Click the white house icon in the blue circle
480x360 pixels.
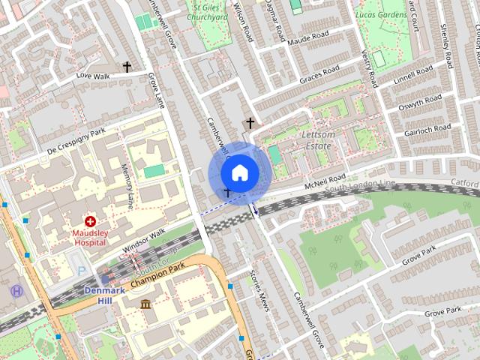(239, 172)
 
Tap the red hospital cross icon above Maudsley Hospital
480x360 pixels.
(90, 221)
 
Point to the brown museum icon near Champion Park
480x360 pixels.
(145, 304)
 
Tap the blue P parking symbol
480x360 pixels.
(81, 271)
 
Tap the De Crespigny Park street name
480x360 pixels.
(76, 142)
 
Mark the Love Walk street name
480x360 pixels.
(92, 76)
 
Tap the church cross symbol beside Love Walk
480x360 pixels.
(127, 67)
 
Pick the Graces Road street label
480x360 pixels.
(319, 75)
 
